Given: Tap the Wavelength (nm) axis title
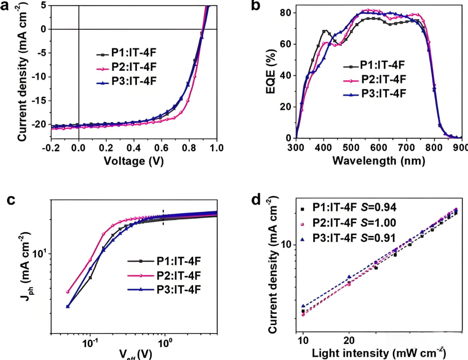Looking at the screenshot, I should coord(378,160).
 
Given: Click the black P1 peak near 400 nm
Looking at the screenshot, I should coord(325,31).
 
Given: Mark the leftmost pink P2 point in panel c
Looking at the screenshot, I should coord(68,292).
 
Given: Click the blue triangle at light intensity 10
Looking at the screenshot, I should coord(303,306).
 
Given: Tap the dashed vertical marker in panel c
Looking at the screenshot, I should coord(163,217).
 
